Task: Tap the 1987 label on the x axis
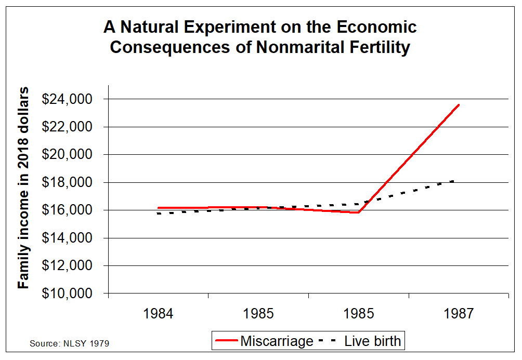pyautogui.click(x=459, y=314)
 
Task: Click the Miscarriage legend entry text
pyautogui.click(x=277, y=341)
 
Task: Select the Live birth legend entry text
pyautogui.click(x=373, y=341)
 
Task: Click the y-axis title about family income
pyautogui.click(x=24, y=189)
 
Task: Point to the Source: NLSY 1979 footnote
pyautogui.click(x=69, y=343)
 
